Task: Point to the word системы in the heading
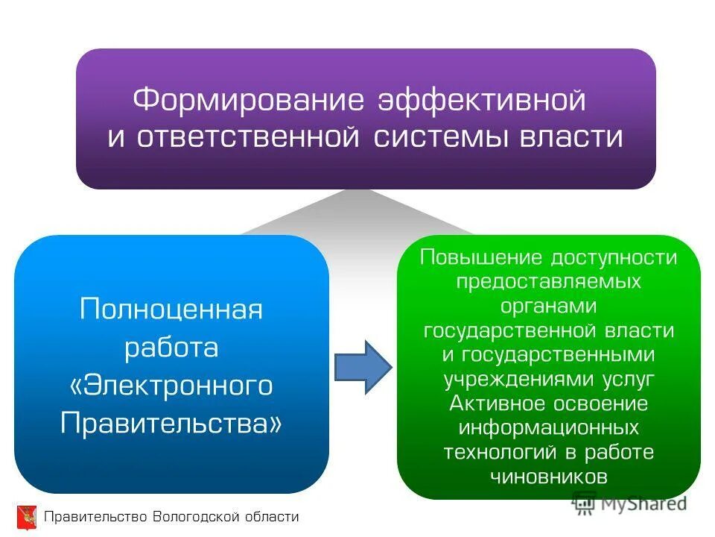pyautogui.click(x=433, y=138)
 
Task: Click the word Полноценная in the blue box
pyautogui.click(x=171, y=309)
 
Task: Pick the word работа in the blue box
pyautogui.click(x=171, y=347)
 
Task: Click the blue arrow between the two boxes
pyautogui.click(x=362, y=366)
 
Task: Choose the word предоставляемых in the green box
pyautogui.click(x=549, y=282)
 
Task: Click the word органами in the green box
pyautogui.click(x=549, y=307)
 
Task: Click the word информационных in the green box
pyautogui.click(x=549, y=428)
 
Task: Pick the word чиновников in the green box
pyautogui.click(x=549, y=477)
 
